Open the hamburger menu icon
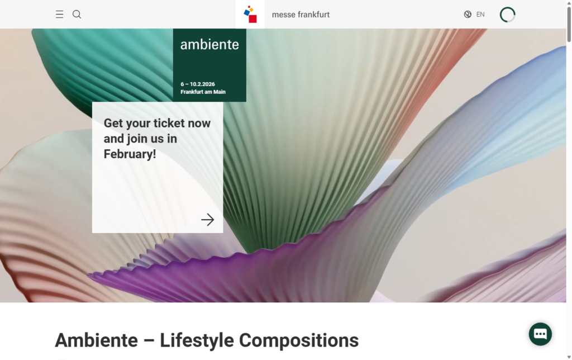pos(60,15)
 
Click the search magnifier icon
pos(77,15)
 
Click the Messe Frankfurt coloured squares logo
pos(250,15)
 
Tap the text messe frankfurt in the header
pos(301,15)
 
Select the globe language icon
pos(468,15)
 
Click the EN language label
pos(480,15)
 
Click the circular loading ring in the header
pos(508,15)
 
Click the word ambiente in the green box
pos(209,45)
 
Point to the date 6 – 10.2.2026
pos(198,84)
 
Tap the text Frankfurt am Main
pos(203,92)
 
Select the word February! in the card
pos(130,154)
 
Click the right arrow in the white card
pos(208,220)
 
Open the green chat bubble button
pos(540,334)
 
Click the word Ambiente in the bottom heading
pos(96,340)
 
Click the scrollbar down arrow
pos(569,356)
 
